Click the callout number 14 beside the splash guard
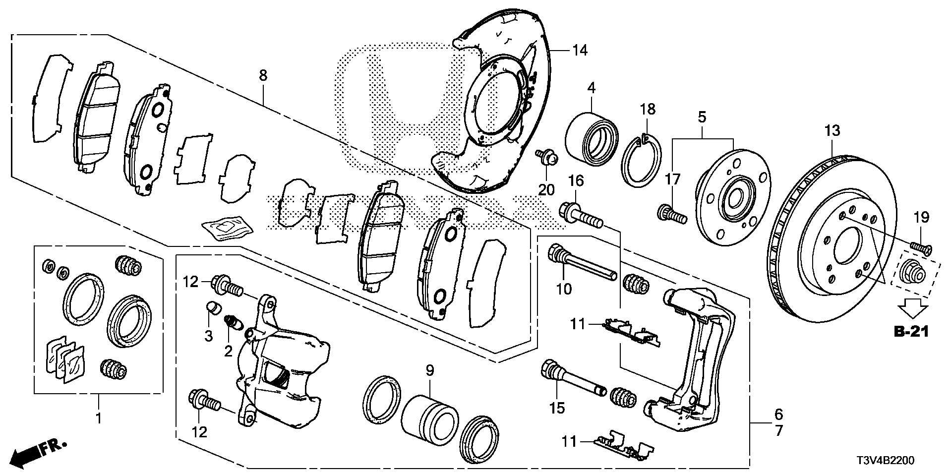coord(580,50)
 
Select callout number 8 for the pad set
coord(263,75)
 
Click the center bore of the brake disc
coord(849,246)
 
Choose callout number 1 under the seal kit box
coord(98,418)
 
